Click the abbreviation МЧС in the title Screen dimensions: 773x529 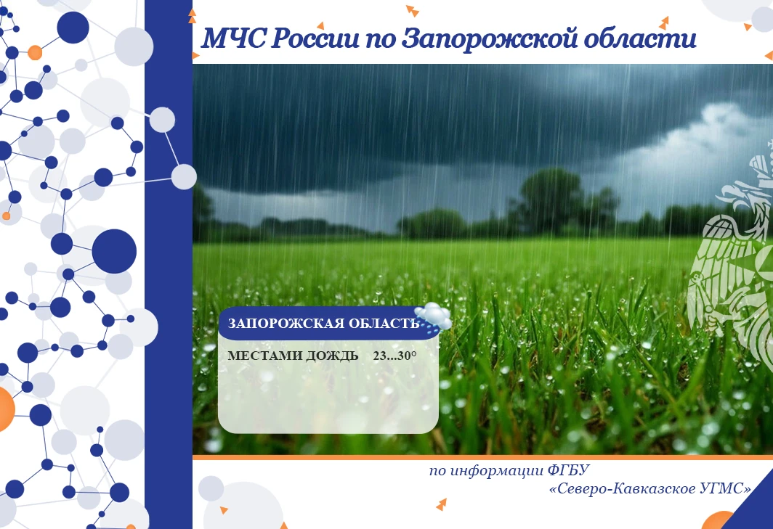[x=234, y=38]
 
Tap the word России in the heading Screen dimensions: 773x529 [x=315, y=38]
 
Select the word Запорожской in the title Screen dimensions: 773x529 [x=489, y=38]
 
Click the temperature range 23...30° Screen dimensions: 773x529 [x=395, y=356]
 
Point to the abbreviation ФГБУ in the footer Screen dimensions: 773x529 [x=568, y=470]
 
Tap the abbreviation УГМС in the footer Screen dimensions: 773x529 [x=725, y=488]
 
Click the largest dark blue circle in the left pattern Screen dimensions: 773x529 [x=114, y=251]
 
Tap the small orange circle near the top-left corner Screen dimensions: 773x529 [x=35, y=52]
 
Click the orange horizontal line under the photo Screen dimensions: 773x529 [x=482, y=457]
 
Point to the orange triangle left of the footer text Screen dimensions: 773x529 [x=442, y=504]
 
